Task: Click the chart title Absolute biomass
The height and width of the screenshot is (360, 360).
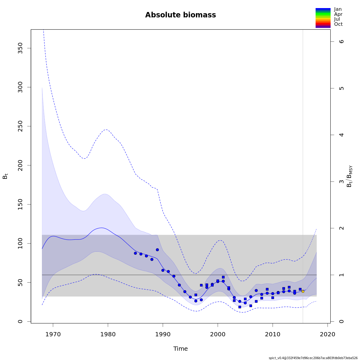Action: tap(180, 15)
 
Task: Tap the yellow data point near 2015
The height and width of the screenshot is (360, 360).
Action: tap(303, 291)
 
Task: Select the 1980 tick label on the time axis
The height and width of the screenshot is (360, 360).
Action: tap(108, 334)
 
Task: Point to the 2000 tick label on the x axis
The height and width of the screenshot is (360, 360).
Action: tap(217, 334)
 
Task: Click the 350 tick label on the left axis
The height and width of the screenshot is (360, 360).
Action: tap(20, 48)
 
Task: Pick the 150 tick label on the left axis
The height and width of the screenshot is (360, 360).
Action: tap(20, 204)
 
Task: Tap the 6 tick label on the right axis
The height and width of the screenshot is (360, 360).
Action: tap(341, 41)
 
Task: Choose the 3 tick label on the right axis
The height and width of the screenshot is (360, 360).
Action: tap(341, 181)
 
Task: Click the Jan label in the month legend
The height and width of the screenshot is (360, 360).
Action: tap(338, 9)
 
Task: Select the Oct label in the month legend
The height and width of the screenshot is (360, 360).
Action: tap(338, 24)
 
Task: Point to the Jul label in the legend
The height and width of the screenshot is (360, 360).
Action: tap(337, 19)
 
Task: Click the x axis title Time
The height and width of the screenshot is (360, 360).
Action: tap(180, 349)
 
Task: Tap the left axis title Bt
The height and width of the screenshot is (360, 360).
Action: tap(5, 175)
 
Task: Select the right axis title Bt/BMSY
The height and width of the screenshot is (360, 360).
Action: tap(349, 176)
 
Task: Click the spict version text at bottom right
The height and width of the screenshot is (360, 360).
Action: tap(313, 358)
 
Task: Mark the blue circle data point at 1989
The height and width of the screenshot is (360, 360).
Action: tap(157, 250)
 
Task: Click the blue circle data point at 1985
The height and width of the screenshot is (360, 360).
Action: tap(135, 253)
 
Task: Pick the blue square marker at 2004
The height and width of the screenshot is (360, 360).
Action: tap(240, 307)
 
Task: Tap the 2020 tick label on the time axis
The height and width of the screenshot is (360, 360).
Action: tap(328, 334)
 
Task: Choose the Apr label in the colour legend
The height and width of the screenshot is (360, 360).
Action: tap(338, 14)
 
